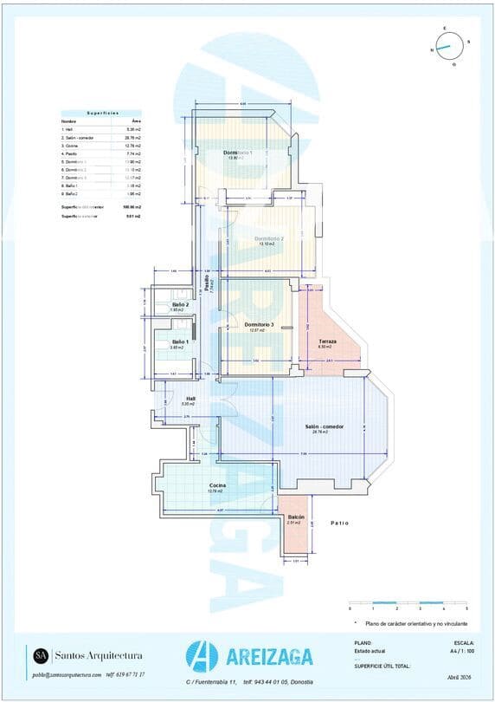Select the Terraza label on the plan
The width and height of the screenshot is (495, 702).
(327, 341)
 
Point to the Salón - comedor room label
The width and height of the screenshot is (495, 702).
(325, 426)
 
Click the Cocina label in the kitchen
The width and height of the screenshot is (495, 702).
(218, 485)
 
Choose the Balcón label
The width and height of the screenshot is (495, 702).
(295, 517)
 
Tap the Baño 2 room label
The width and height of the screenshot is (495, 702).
(180, 304)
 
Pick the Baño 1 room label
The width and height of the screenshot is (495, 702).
(180, 341)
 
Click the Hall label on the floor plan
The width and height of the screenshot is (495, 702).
(190, 399)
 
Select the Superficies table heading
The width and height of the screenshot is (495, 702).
(102, 113)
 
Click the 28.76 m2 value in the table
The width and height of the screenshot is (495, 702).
(132, 138)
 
